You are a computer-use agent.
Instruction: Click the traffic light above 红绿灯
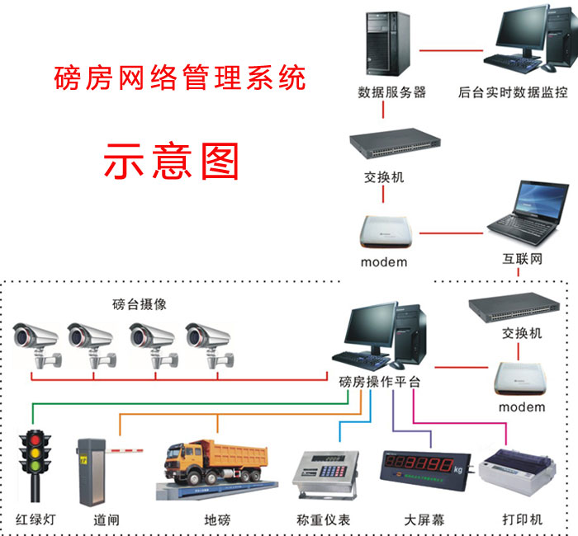(x=35, y=463)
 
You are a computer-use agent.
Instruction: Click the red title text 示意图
(x=171, y=160)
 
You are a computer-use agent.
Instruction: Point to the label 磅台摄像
(x=140, y=303)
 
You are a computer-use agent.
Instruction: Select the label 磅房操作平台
(x=380, y=382)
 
